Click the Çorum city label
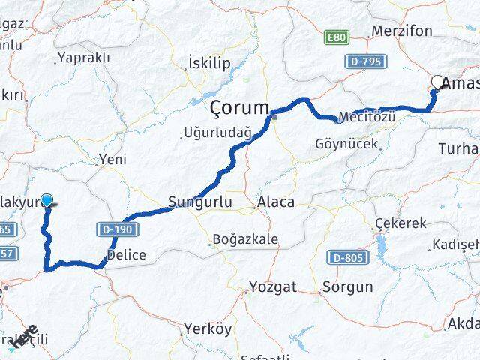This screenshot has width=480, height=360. (x=239, y=107)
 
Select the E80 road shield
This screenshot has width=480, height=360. (x=337, y=36)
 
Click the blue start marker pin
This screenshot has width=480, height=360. (x=48, y=201)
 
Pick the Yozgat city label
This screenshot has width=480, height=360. (x=274, y=286)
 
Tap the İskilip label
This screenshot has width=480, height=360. (x=210, y=63)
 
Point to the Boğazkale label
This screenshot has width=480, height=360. (x=246, y=239)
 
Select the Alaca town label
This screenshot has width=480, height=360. (x=275, y=202)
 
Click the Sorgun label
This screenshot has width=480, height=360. (x=347, y=286)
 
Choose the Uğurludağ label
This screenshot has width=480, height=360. (x=217, y=134)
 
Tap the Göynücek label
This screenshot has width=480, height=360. (x=346, y=143)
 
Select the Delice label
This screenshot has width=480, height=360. (x=126, y=256)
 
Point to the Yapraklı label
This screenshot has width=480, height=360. (x=84, y=58)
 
